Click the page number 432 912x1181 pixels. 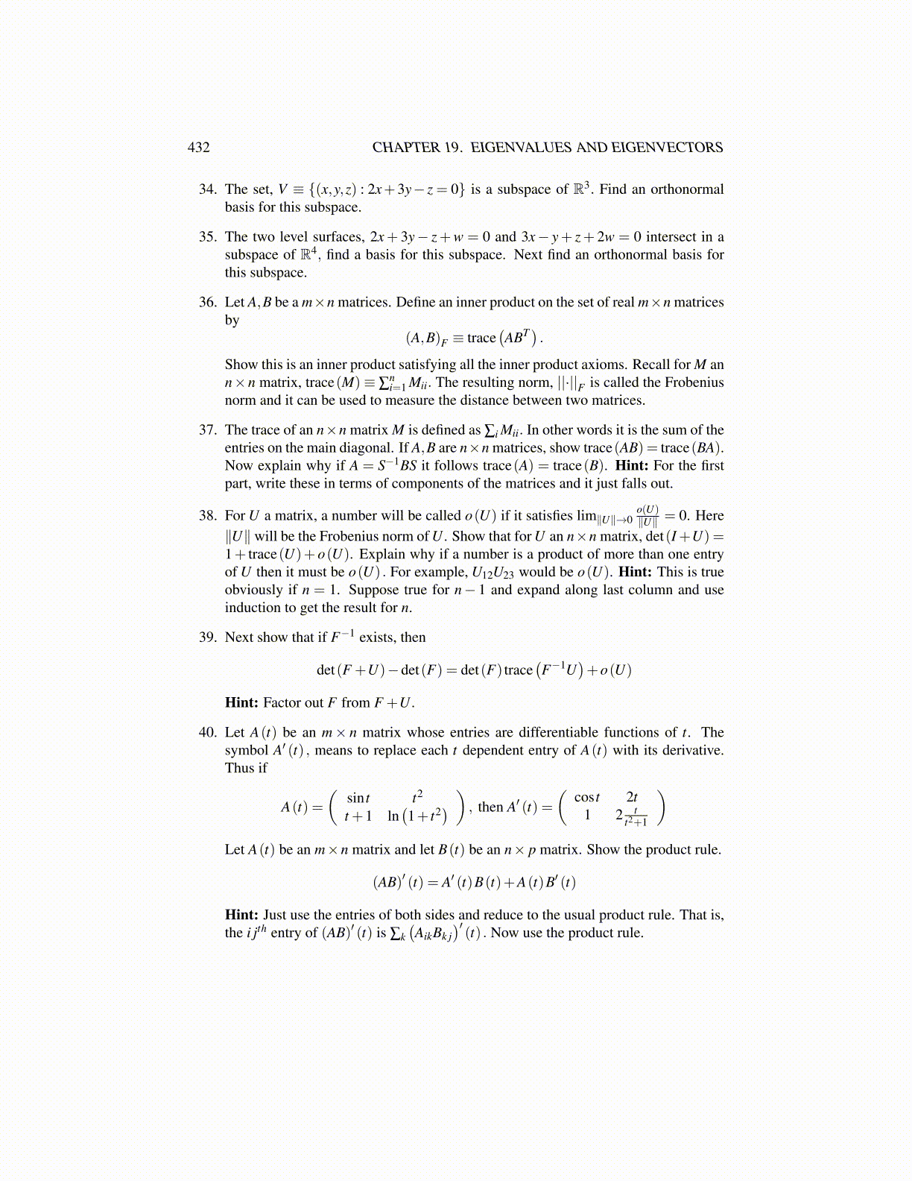(198, 148)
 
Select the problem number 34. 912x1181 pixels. (207, 189)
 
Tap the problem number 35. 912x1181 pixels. (207, 237)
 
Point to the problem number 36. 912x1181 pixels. (207, 303)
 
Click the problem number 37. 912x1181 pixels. (207, 430)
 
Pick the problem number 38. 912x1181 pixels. (207, 516)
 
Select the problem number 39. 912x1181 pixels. (207, 637)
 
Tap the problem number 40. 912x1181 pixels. (207, 733)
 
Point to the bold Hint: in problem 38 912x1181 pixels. (636, 573)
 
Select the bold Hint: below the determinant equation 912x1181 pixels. (241, 703)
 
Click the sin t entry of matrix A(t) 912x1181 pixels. (358, 798)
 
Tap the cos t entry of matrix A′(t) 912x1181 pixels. (586, 798)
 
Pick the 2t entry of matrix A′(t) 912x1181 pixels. (632, 798)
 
